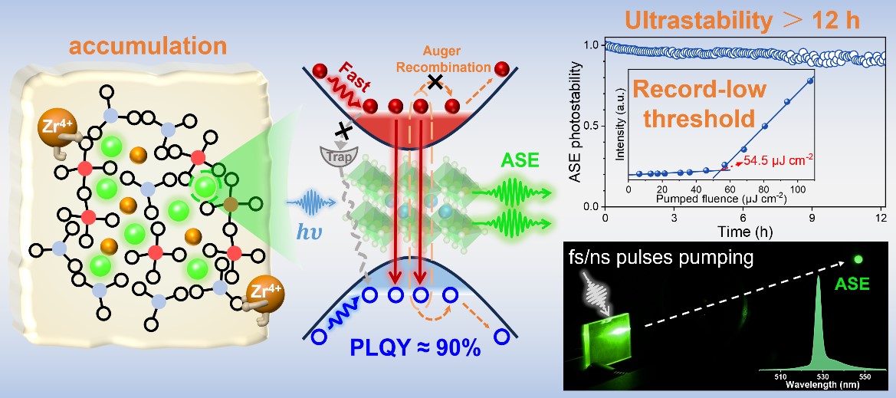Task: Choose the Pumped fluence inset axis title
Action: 720,199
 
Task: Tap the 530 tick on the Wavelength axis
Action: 822,377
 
